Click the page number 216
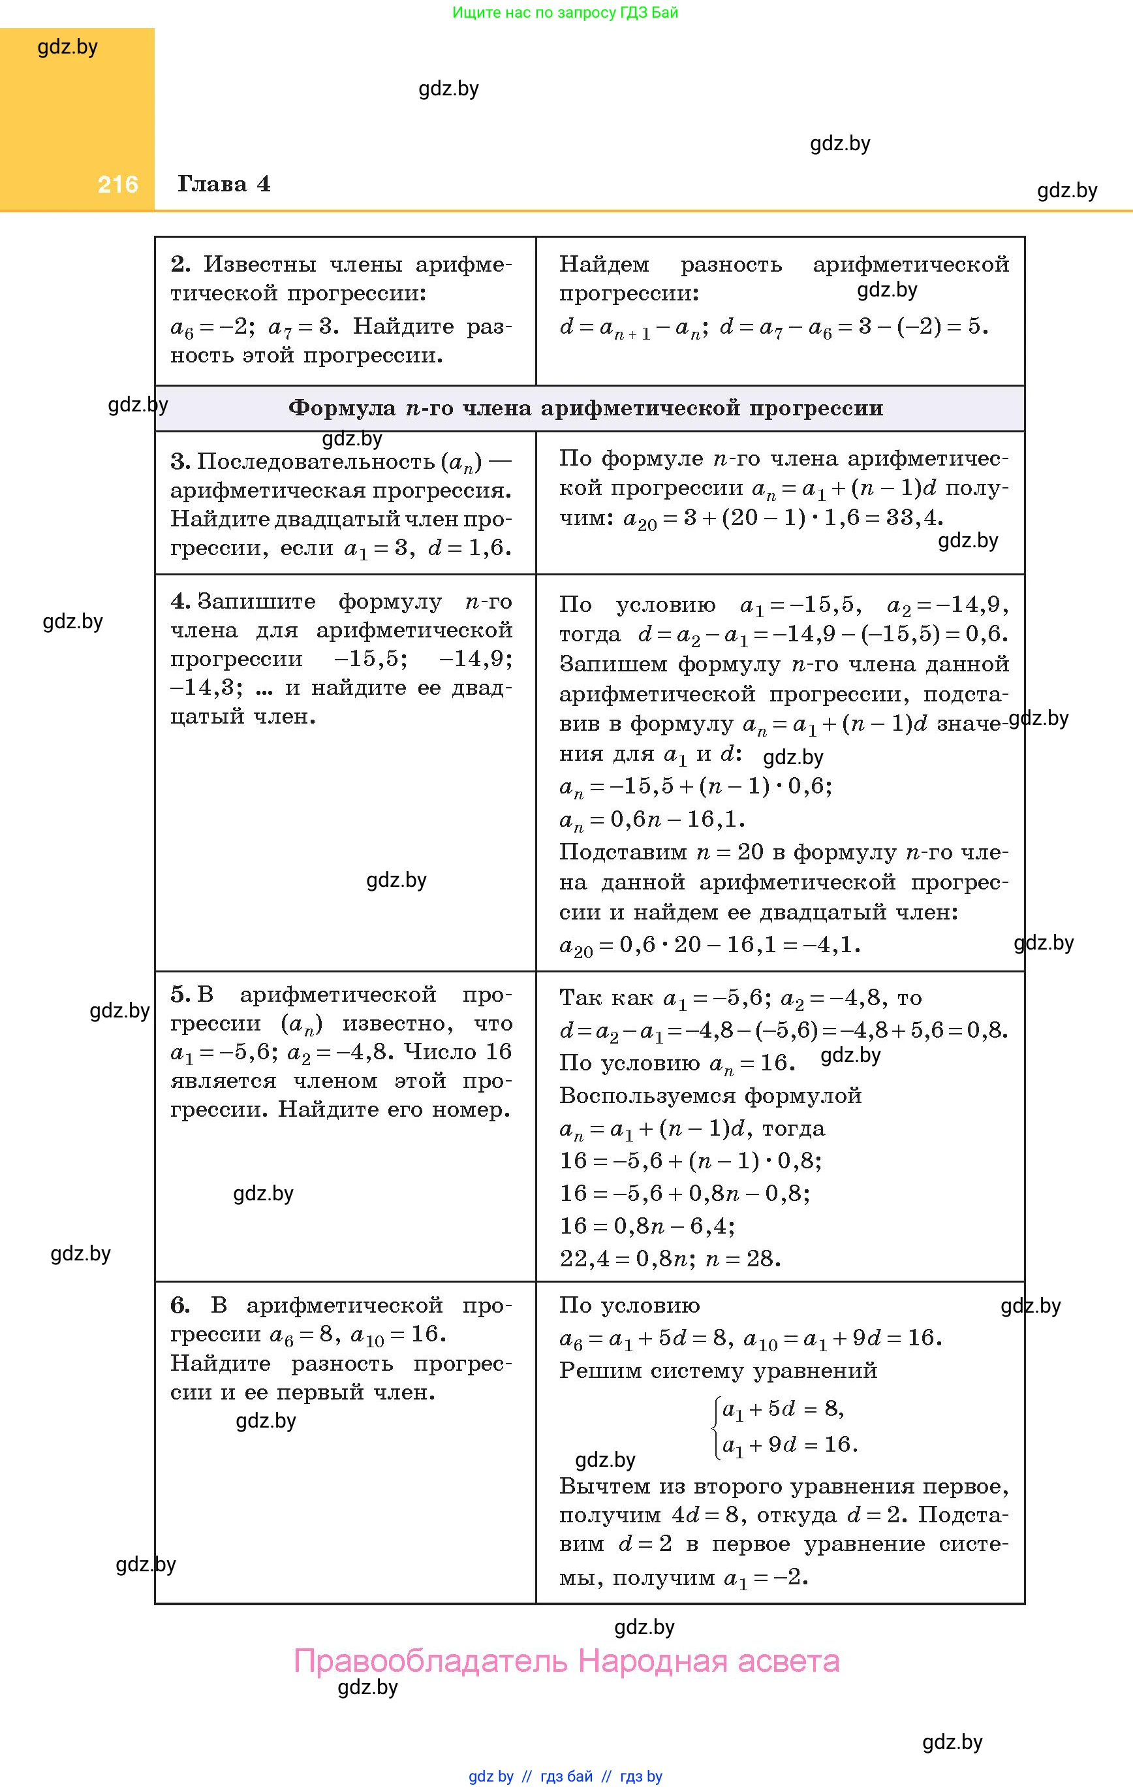tap(117, 185)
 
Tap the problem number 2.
tap(180, 264)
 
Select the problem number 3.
tap(179, 462)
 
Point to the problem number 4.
tap(179, 601)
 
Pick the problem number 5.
tap(179, 994)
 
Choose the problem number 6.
tap(179, 1305)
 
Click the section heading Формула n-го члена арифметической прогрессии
tap(585, 408)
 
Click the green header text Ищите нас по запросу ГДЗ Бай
tap(565, 12)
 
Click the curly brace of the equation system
tap(716, 1426)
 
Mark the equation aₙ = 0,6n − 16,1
tap(652, 820)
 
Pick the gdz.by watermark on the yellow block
tap(68, 47)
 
